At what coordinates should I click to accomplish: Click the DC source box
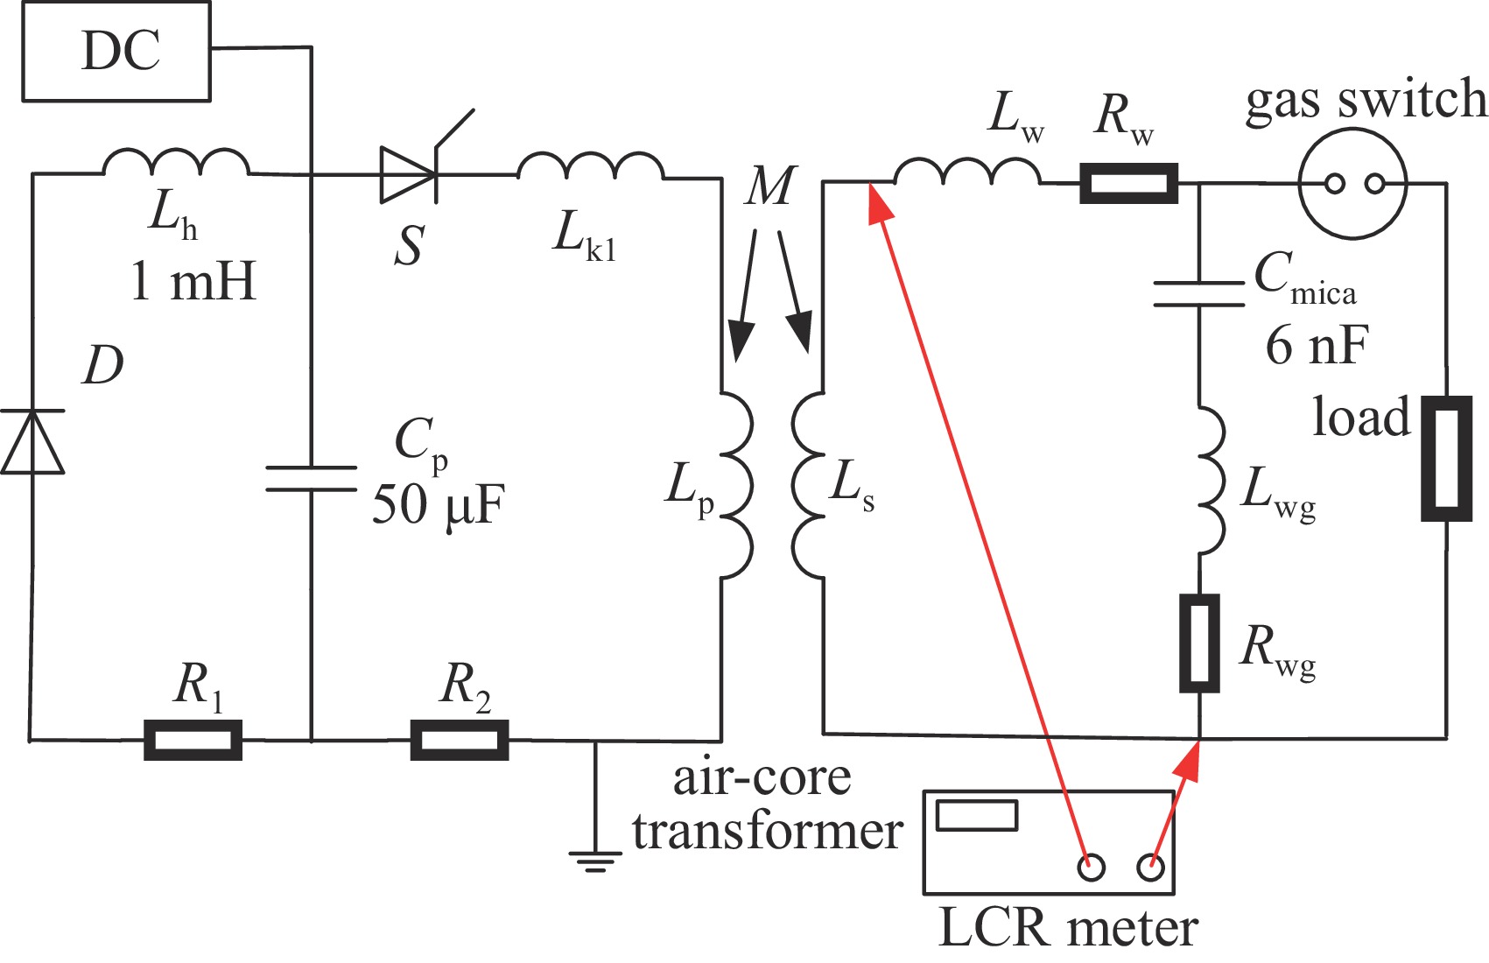point(116,51)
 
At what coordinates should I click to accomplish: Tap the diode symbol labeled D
point(32,441)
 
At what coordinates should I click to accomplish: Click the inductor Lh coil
point(176,164)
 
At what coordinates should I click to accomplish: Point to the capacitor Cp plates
point(311,478)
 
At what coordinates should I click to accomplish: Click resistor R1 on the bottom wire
point(193,740)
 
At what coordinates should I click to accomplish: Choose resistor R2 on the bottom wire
point(460,740)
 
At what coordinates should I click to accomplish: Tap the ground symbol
point(595,859)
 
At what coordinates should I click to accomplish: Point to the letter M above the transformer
point(770,186)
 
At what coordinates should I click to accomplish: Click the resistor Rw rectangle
point(1128,184)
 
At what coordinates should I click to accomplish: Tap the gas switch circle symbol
point(1352,184)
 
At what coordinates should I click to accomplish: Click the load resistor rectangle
point(1445,459)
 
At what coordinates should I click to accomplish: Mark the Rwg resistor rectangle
point(1199,643)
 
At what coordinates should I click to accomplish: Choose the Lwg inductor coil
point(1211,480)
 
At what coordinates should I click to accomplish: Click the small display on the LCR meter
point(977,815)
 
